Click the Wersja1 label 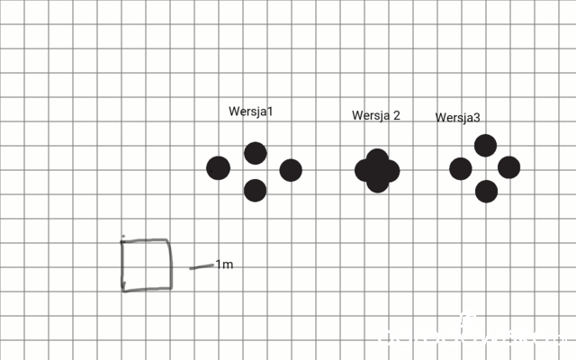point(251,112)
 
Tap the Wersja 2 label point(376,115)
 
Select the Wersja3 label point(458,118)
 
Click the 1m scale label point(224,265)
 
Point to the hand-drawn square point(122,265)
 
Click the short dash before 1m point(202,266)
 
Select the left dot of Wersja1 point(218,168)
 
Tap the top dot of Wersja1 point(256,153)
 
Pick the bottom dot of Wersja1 point(255,190)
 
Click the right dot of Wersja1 point(291,170)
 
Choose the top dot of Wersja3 point(485,146)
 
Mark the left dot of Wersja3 point(461,168)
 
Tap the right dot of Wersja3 point(508,167)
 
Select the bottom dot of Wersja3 point(486,192)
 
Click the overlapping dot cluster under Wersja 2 point(377,171)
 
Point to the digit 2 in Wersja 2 point(396,115)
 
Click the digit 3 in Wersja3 point(476,118)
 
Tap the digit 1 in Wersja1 point(270,112)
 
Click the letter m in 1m point(228,265)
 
